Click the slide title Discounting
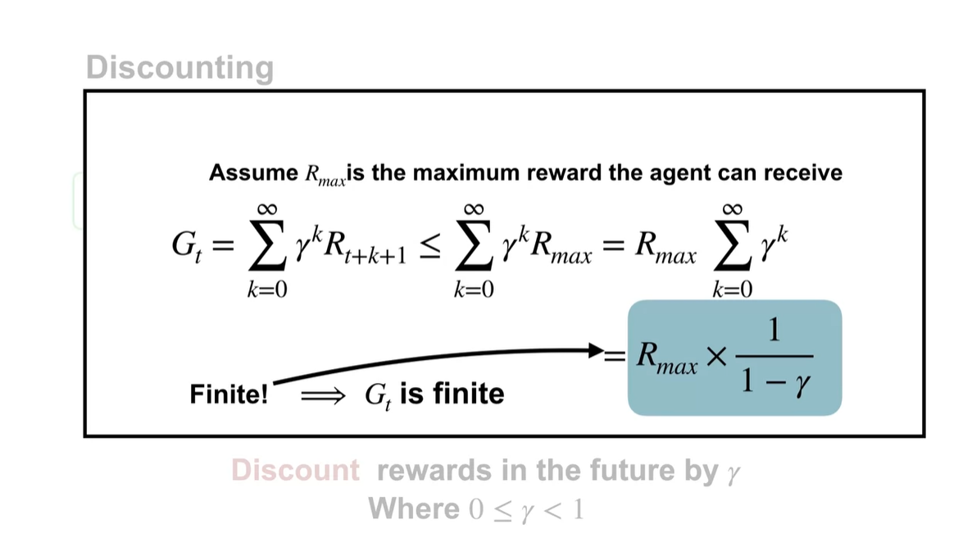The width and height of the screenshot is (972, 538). point(179,67)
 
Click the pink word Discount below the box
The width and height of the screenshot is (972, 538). point(295,471)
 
